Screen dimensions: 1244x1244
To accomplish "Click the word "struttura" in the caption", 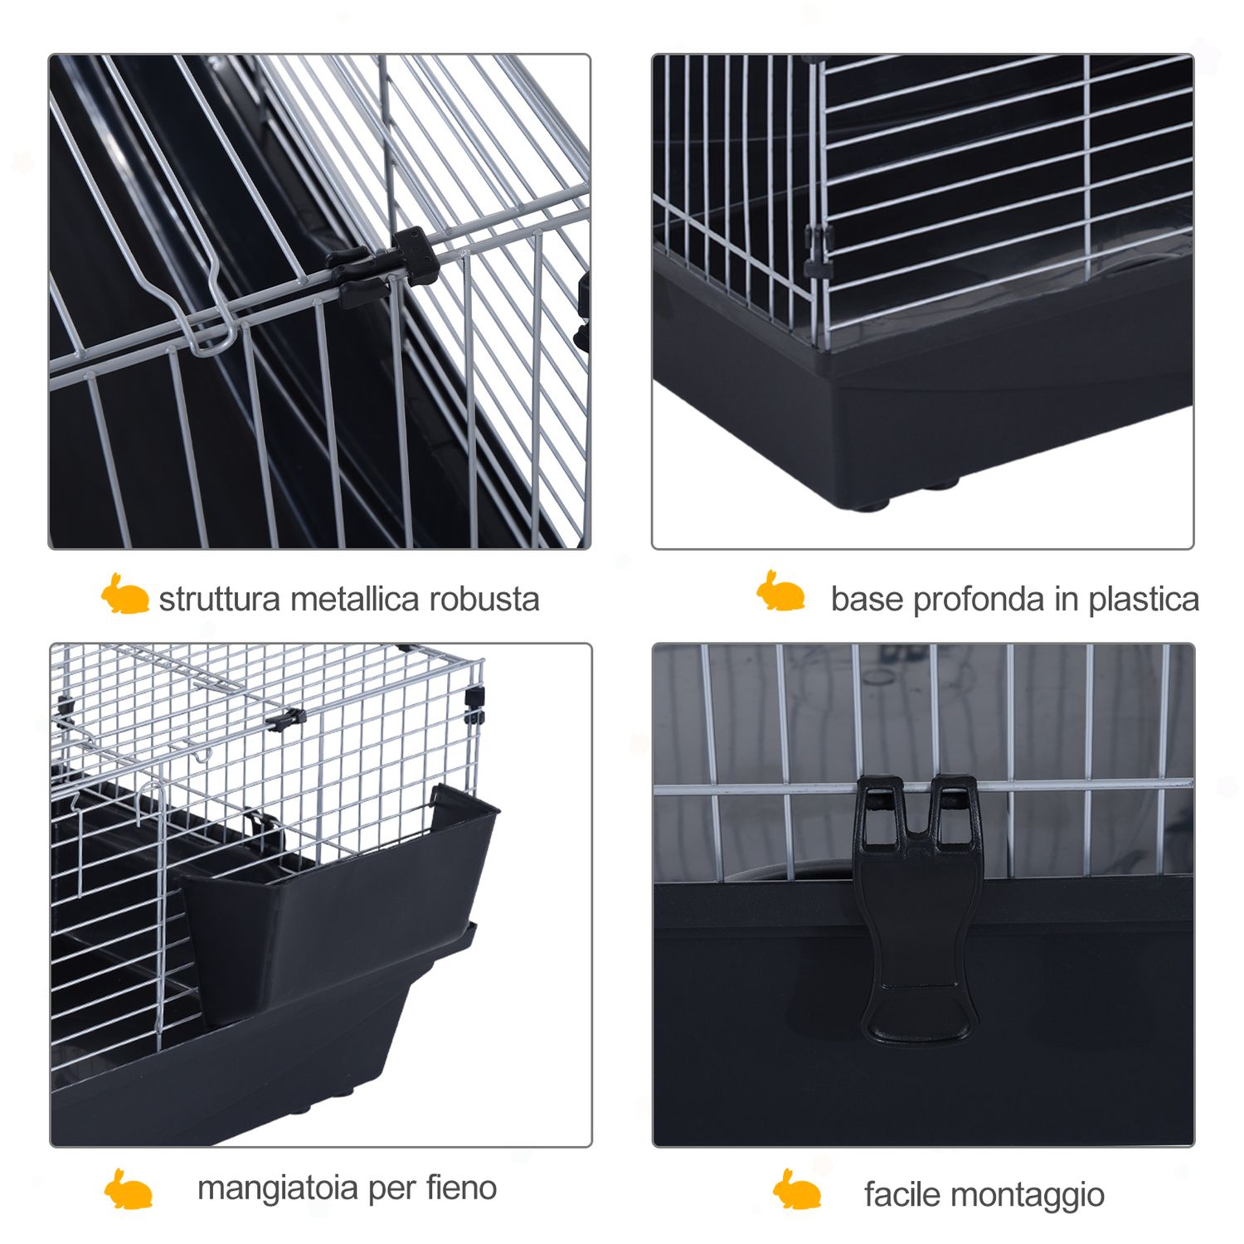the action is (x=220, y=599).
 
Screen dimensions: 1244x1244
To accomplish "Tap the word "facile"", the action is (x=902, y=1195).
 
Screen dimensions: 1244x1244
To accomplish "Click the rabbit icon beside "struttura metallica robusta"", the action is (x=124, y=594).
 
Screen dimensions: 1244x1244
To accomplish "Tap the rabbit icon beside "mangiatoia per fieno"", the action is (x=129, y=1189).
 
